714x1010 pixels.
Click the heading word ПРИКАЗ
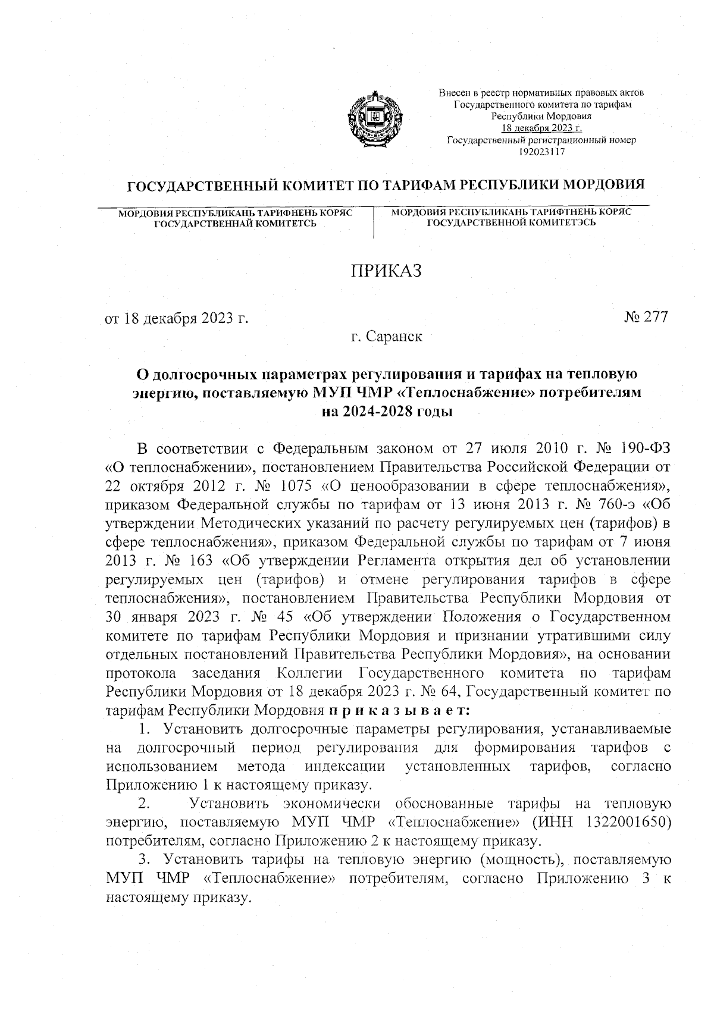point(386,271)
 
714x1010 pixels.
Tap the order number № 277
point(647,317)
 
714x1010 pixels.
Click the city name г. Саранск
point(386,337)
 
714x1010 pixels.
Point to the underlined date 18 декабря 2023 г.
point(541,128)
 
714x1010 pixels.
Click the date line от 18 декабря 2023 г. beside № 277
point(176,318)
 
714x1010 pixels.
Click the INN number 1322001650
point(630,823)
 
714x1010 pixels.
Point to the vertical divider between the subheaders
point(374,223)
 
